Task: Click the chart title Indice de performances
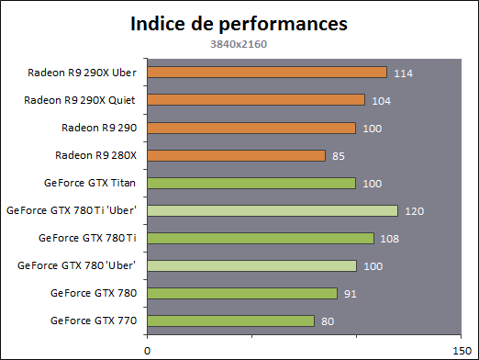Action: [239, 24]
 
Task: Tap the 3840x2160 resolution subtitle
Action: [239, 44]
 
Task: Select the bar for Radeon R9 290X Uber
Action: [267, 73]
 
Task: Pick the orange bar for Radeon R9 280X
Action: [236, 155]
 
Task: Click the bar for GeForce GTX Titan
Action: [251, 183]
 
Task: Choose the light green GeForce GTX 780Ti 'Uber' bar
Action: [273, 210]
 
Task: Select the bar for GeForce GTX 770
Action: [231, 321]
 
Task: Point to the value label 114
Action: [403, 73]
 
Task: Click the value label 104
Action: [381, 101]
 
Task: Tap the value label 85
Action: [339, 156]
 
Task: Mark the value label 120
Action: [414, 211]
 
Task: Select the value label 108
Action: [389, 239]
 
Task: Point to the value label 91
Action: [351, 294]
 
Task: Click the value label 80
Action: [328, 321]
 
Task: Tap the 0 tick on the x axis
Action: [148, 351]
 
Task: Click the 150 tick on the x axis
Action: [462, 351]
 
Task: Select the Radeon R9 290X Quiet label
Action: [80, 100]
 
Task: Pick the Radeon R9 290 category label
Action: [99, 128]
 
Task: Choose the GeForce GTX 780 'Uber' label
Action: [76, 265]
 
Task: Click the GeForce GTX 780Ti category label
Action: [87, 238]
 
